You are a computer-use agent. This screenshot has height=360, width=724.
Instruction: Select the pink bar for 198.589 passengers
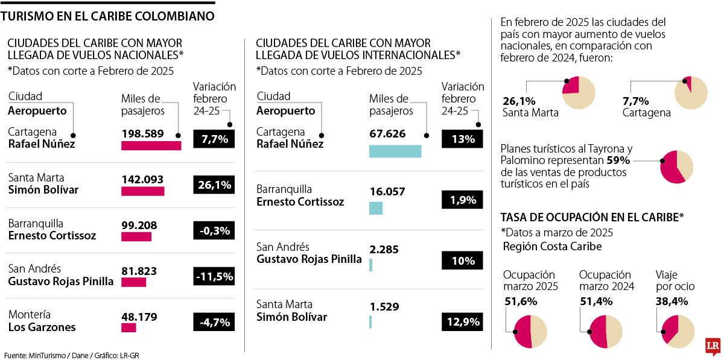pyautogui.click(x=151, y=145)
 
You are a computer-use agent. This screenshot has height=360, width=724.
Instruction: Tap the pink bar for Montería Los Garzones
pyautogui.click(x=129, y=327)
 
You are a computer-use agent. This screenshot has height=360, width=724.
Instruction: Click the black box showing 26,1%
pyautogui.click(x=214, y=185)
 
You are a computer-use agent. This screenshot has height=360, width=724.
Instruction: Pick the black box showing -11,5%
pyautogui.click(x=214, y=277)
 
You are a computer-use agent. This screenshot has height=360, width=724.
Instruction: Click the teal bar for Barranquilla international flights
pyautogui.click(x=375, y=208)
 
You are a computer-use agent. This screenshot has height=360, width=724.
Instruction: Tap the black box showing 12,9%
pyautogui.click(x=463, y=321)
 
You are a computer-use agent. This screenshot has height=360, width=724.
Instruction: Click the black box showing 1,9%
pyautogui.click(x=463, y=200)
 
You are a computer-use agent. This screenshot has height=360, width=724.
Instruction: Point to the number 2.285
pyautogui.click(x=384, y=249)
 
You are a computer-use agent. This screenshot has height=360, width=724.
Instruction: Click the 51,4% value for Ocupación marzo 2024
pyautogui.click(x=596, y=301)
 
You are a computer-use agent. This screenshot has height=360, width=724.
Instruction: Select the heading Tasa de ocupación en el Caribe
pyautogui.click(x=591, y=217)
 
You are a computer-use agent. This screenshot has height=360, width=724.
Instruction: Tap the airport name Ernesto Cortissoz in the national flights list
pyautogui.click(x=52, y=236)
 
